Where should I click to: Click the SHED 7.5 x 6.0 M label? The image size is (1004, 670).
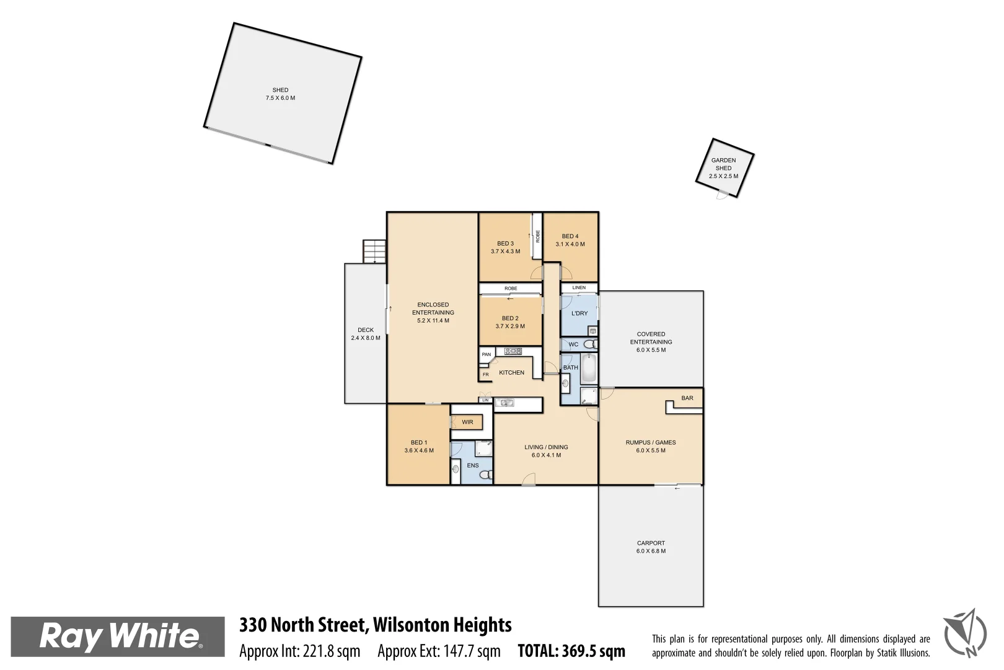click(x=280, y=94)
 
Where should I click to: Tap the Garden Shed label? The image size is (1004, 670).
click(x=723, y=167)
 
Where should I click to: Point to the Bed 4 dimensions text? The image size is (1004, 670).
click(x=570, y=244)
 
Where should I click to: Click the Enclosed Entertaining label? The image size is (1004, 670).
click(x=433, y=313)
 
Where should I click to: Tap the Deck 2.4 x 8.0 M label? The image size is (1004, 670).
click(x=366, y=334)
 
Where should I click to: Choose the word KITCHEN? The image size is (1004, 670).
click(x=511, y=373)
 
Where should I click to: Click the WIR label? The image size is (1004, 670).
click(x=467, y=422)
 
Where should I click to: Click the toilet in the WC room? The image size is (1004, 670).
click(x=590, y=344)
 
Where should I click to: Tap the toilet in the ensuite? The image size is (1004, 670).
click(x=486, y=475)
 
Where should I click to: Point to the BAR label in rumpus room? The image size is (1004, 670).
click(x=687, y=398)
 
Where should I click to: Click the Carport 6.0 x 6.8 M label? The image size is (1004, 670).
click(x=651, y=547)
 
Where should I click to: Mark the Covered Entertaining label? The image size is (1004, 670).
click(x=651, y=342)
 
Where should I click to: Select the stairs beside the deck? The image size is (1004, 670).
click(x=374, y=251)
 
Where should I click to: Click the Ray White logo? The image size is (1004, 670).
click(x=118, y=636)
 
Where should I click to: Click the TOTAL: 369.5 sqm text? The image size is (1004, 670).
click(x=571, y=651)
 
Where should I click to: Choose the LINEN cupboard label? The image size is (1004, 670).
click(x=579, y=288)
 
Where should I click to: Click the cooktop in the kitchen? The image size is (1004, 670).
click(x=513, y=352)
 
